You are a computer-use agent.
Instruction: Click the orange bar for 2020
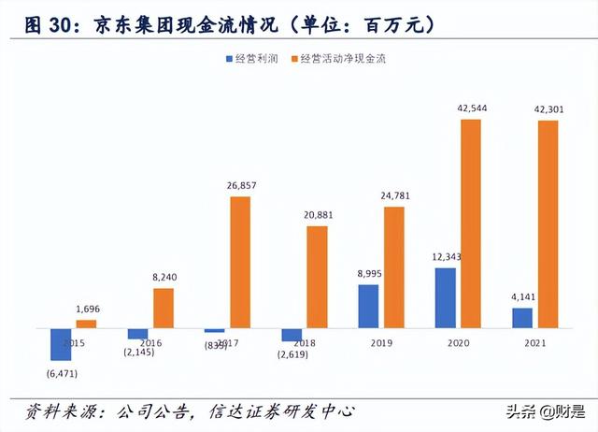click(x=471, y=223)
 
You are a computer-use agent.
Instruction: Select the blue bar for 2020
click(x=446, y=298)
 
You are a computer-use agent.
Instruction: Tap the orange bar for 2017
click(x=240, y=262)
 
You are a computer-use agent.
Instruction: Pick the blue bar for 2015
click(x=62, y=344)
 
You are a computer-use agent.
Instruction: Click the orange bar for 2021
click(x=548, y=224)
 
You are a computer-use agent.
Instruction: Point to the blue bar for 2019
click(x=369, y=306)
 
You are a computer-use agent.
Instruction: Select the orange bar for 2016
click(x=164, y=308)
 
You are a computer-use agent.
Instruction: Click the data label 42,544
click(x=471, y=108)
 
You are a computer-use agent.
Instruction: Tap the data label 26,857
click(x=240, y=186)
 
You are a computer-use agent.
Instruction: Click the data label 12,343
click(x=447, y=257)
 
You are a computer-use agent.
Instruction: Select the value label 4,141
click(x=522, y=298)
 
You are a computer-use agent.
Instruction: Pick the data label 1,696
click(x=88, y=310)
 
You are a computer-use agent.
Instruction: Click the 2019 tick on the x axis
click(x=382, y=343)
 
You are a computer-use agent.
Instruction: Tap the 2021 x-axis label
click(x=535, y=343)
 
